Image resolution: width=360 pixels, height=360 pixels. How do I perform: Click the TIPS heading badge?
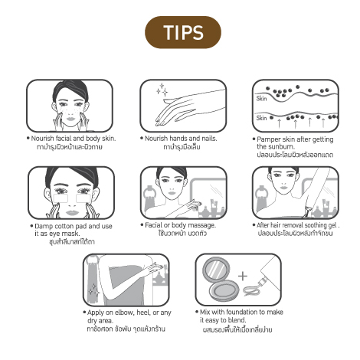click(183, 32)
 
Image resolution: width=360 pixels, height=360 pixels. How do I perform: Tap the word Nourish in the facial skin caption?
click(42, 139)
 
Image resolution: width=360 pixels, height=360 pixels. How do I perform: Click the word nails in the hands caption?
click(209, 139)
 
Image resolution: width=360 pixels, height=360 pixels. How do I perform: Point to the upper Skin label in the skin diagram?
click(261, 99)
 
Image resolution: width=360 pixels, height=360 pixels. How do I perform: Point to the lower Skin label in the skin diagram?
click(261, 118)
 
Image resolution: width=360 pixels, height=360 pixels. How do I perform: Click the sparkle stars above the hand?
click(162, 90)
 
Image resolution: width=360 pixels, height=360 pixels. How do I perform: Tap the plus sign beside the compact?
click(243, 276)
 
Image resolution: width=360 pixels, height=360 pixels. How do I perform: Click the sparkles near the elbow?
click(93, 290)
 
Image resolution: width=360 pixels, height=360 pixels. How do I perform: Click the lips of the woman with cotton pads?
click(72, 213)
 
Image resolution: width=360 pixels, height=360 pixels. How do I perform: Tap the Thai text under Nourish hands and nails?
click(182, 147)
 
